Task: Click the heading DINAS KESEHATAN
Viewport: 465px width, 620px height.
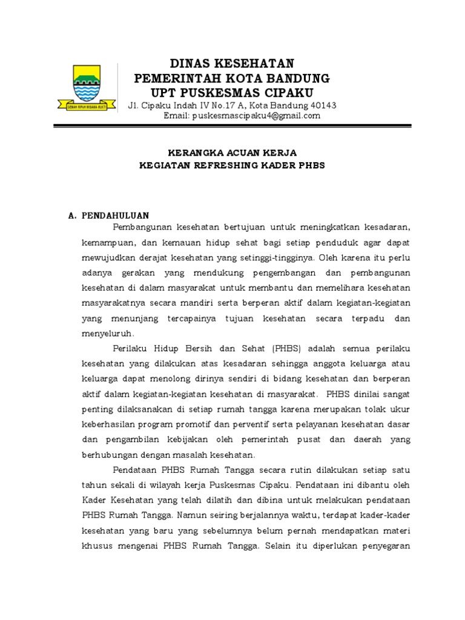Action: (232, 63)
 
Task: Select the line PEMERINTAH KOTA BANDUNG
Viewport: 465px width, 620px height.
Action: (232, 78)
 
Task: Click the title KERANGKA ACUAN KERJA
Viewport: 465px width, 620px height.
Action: (232, 153)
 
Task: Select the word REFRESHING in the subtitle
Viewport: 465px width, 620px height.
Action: (229, 165)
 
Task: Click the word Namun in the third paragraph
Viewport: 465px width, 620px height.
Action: (193, 515)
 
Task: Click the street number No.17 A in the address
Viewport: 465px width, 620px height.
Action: (221, 105)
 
